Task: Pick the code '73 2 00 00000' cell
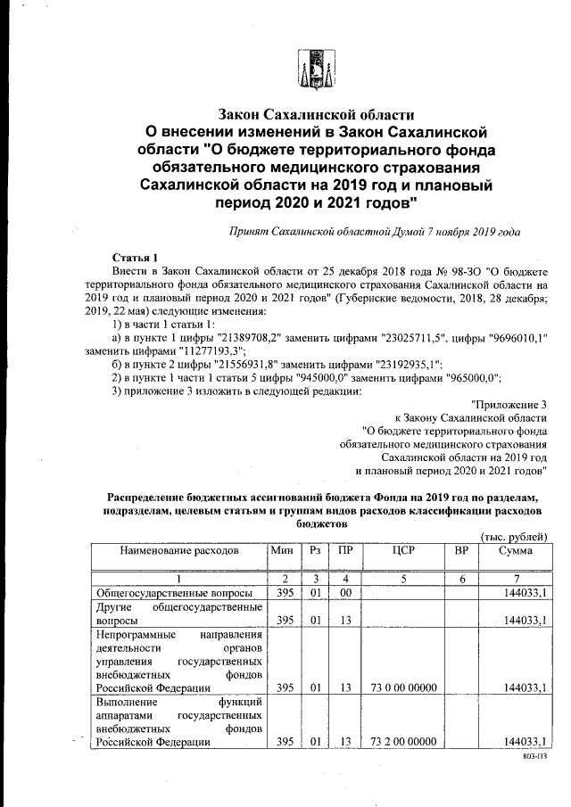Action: click(403, 742)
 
